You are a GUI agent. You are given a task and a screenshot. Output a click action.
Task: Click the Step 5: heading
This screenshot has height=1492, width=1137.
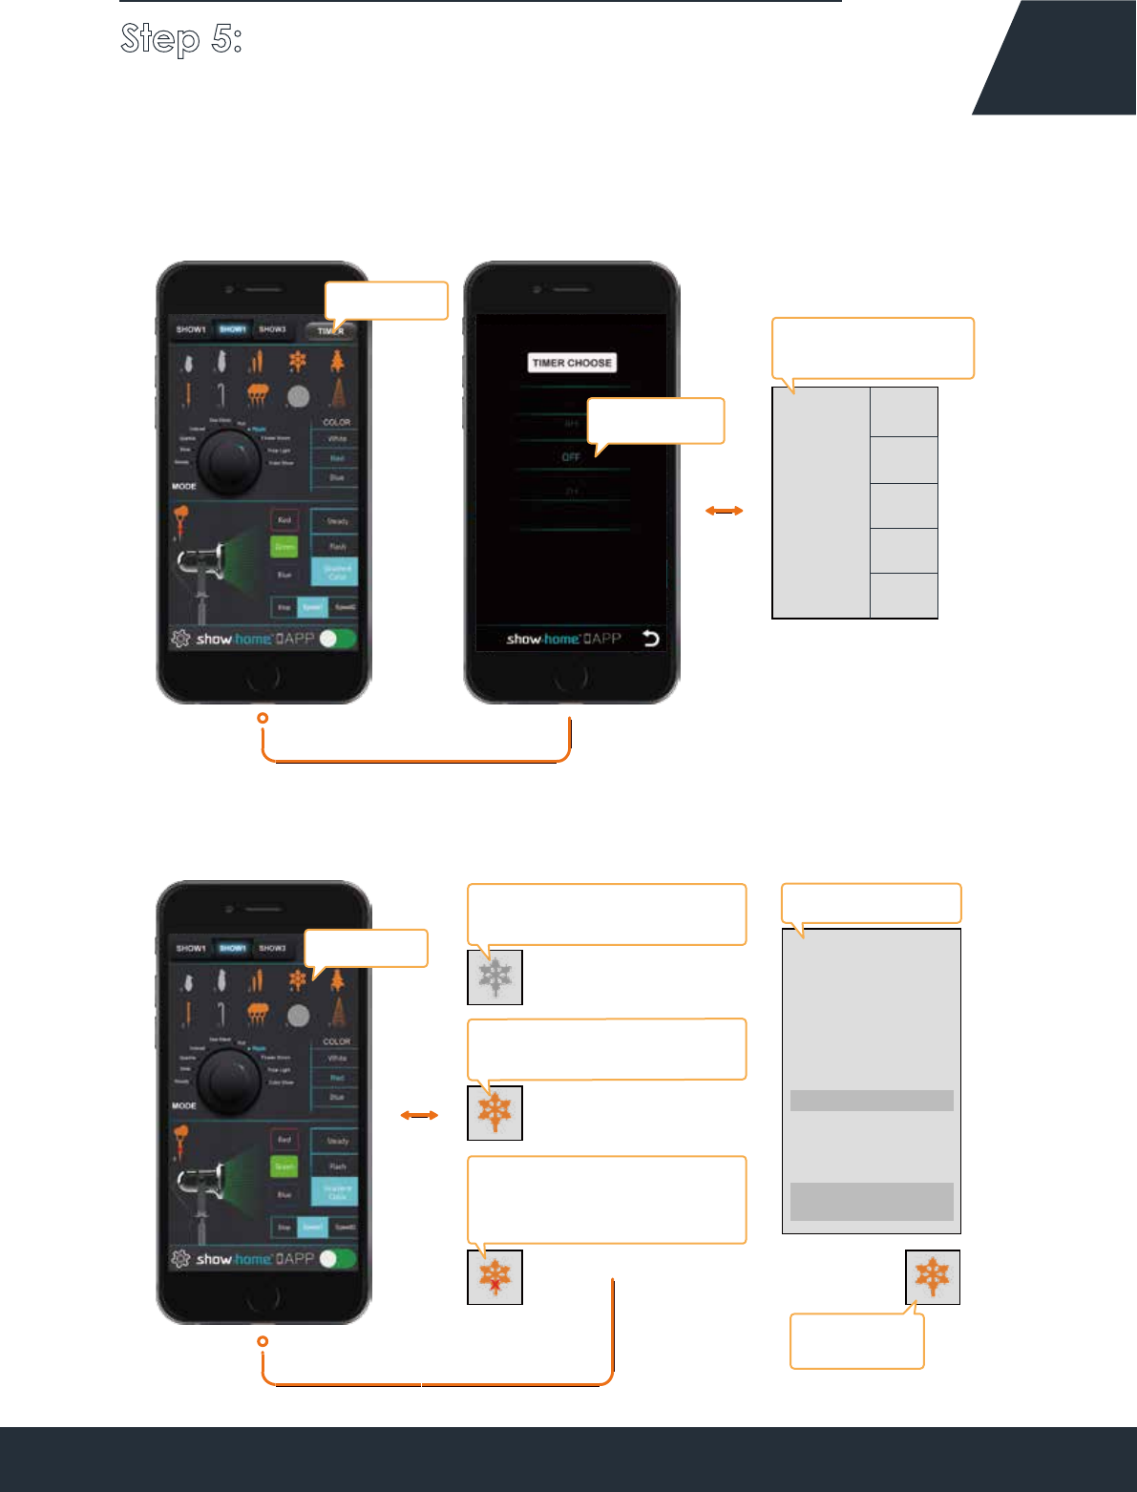(x=181, y=38)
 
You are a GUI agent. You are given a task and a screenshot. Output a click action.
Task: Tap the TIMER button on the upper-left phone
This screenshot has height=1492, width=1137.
(x=330, y=331)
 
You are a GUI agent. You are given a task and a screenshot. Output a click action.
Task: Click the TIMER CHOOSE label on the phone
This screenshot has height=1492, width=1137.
(x=572, y=363)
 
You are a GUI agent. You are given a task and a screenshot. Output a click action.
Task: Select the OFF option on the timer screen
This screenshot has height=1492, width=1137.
(x=571, y=457)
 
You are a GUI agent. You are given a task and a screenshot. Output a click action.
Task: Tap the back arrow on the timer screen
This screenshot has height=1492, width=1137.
(x=651, y=639)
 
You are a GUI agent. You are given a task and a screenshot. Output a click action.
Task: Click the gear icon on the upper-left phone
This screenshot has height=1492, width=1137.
(x=180, y=639)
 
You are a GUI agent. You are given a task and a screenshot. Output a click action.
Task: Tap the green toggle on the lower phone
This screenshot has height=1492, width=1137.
(x=338, y=1258)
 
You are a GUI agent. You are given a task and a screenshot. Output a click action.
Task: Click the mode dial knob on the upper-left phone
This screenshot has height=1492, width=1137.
(x=227, y=461)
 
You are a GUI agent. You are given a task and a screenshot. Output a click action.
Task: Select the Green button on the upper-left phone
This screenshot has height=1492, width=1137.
(x=284, y=547)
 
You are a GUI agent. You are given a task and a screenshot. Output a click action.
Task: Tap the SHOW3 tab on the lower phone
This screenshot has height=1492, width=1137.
(x=273, y=948)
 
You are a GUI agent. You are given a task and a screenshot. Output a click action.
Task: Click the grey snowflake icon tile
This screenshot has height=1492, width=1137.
(x=495, y=977)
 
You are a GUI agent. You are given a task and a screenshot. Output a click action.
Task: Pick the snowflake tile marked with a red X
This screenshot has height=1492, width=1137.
(x=495, y=1276)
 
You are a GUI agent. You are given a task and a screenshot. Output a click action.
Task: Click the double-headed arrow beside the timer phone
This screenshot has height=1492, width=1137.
(x=724, y=512)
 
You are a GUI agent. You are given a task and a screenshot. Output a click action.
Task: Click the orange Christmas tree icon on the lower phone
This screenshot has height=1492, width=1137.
(x=337, y=979)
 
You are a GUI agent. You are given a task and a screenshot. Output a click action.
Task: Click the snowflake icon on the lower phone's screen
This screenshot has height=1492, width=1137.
(x=297, y=979)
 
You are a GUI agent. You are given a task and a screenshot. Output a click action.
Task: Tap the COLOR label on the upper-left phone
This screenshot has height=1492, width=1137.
(x=336, y=422)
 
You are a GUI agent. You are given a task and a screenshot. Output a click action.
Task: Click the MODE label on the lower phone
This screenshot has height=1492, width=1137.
(x=184, y=1105)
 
